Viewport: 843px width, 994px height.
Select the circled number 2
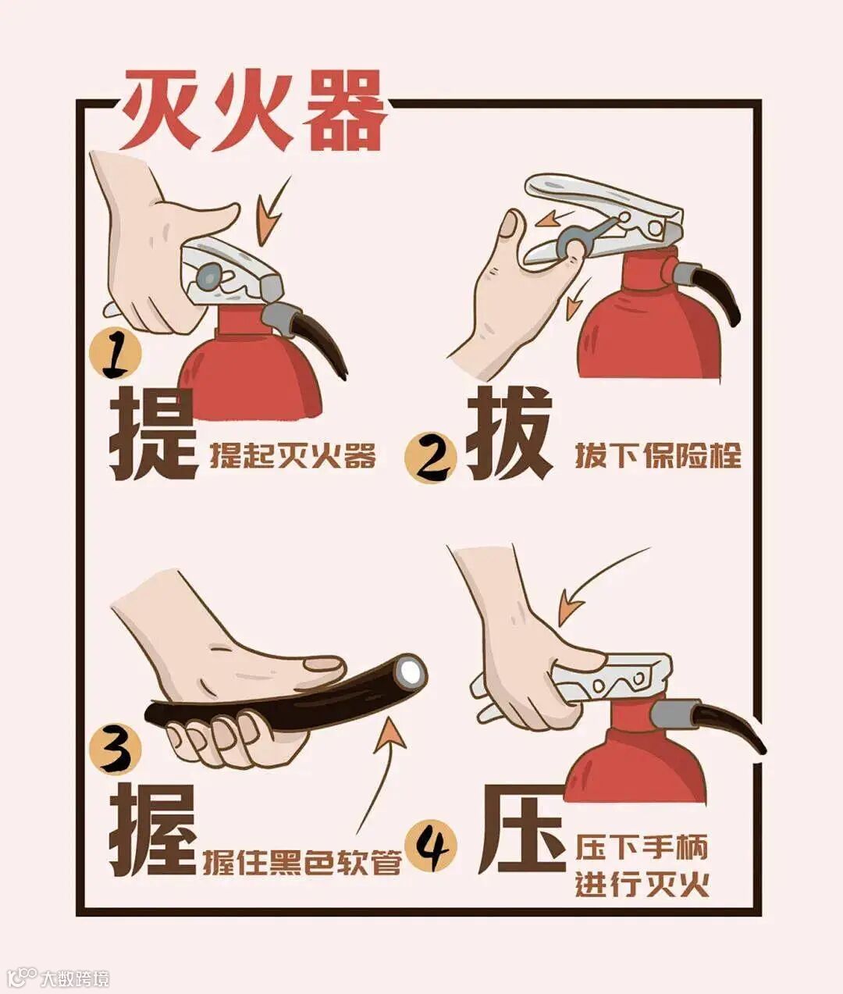point(431,457)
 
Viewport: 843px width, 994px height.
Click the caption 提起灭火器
point(292,455)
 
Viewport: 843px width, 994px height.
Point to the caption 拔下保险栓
point(658,455)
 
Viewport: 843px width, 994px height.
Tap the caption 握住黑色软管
point(302,862)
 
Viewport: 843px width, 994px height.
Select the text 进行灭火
point(642,883)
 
